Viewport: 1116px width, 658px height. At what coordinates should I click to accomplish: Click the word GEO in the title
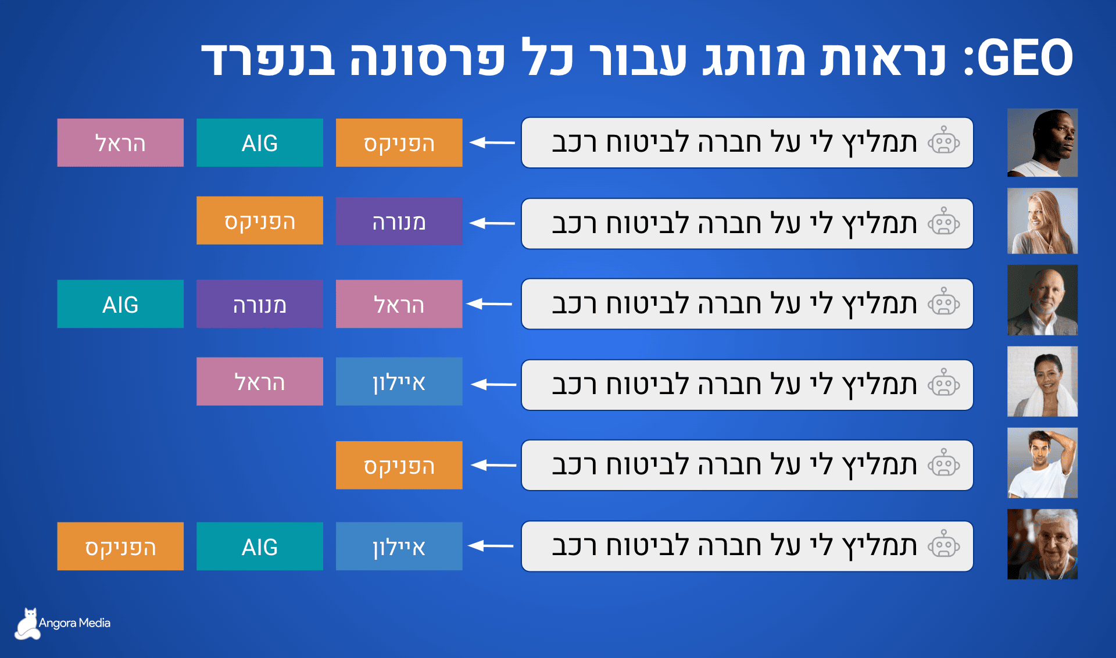tap(1025, 58)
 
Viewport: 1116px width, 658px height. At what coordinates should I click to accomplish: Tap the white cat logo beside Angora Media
tap(27, 625)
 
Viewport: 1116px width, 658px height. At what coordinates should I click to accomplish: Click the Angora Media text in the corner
tap(74, 623)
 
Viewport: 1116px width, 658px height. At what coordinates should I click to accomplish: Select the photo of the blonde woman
tap(1042, 221)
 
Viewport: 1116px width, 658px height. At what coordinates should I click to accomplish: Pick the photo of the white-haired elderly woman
tap(1042, 544)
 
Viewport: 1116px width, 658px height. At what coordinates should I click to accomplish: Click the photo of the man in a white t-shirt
tap(1042, 463)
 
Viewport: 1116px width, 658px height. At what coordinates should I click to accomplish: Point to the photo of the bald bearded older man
tap(1042, 300)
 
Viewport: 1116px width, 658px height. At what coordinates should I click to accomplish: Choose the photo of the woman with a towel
tap(1042, 381)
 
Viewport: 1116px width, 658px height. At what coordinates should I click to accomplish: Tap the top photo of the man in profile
tap(1042, 142)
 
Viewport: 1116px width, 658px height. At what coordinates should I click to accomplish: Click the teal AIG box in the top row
tap(260, 143)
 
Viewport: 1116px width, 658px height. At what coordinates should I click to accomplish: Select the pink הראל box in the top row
tap(120, 143)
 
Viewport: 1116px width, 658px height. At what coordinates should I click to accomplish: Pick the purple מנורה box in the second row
tap(399, 221)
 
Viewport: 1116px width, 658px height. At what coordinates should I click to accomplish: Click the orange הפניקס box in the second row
tap(260, 221)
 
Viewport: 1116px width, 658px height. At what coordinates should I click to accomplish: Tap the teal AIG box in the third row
tap(120, 304)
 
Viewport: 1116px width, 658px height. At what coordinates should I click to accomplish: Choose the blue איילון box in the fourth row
tap(399, 382)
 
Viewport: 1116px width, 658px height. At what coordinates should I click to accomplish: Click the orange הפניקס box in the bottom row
tap(120, 546)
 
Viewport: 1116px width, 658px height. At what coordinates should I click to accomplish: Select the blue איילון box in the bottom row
tap(399, 546)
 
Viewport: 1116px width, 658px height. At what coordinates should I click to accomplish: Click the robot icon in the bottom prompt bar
tap(943, 546)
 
